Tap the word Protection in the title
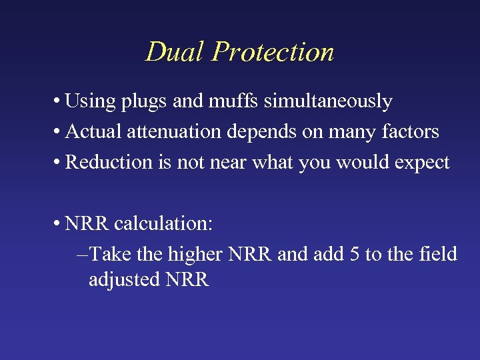[x=273, y=52]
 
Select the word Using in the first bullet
[x=90, y=101]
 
